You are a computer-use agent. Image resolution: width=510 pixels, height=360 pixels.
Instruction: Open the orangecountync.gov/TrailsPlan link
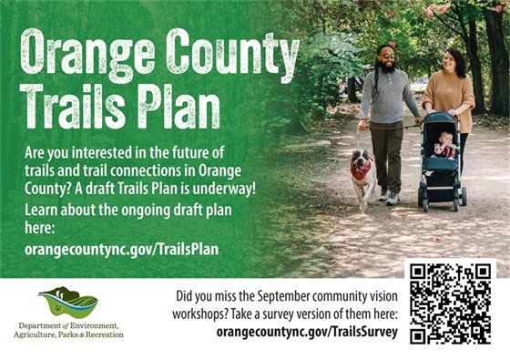pyautogui.click(x=122, y=248)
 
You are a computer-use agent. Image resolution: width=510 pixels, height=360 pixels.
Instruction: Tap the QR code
pyautogui.click(x=450, y=305)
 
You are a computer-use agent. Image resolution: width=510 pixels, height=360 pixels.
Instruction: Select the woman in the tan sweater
pyautogui.click(x=451, y=91)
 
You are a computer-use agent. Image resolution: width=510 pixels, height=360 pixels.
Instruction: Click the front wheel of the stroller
pyautogui.click(x=425, y=199)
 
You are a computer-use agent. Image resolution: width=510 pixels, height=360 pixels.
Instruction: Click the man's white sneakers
pyautogui.click(x=388, y=197)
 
